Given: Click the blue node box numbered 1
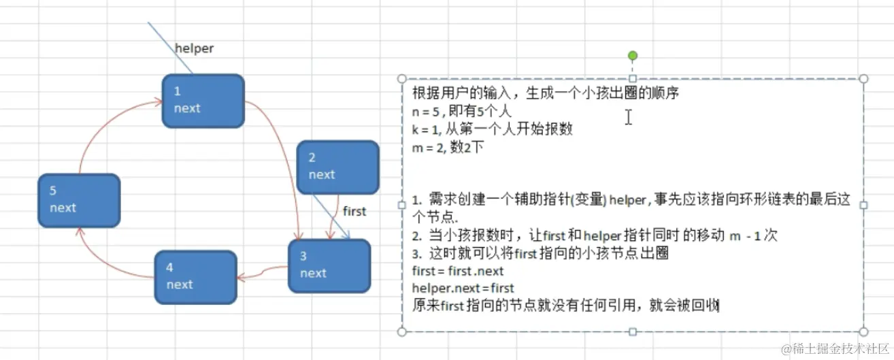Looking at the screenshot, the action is [203, 101].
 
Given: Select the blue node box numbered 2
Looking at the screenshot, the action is [338, 167].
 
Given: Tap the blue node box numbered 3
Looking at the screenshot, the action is [329, 265].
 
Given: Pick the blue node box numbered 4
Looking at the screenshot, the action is [195, 277].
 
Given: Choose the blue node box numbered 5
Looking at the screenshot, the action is [79, 200].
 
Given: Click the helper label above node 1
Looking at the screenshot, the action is [194, 48].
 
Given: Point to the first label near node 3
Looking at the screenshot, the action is [354, 211].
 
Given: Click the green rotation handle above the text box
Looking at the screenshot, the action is [633, 56].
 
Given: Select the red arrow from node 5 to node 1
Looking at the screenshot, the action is [102, 126].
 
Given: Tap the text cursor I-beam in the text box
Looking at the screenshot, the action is [629, 117].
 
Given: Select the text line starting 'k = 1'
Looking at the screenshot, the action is [492, 129].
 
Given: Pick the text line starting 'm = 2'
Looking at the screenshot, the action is [447, 146].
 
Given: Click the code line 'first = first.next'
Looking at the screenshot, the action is [458, 271].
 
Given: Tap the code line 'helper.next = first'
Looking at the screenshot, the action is [463, 288].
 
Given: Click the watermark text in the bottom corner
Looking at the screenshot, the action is [835, 348].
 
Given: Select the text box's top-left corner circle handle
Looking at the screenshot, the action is [401, 79].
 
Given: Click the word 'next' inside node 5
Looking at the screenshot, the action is [63, 208].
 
